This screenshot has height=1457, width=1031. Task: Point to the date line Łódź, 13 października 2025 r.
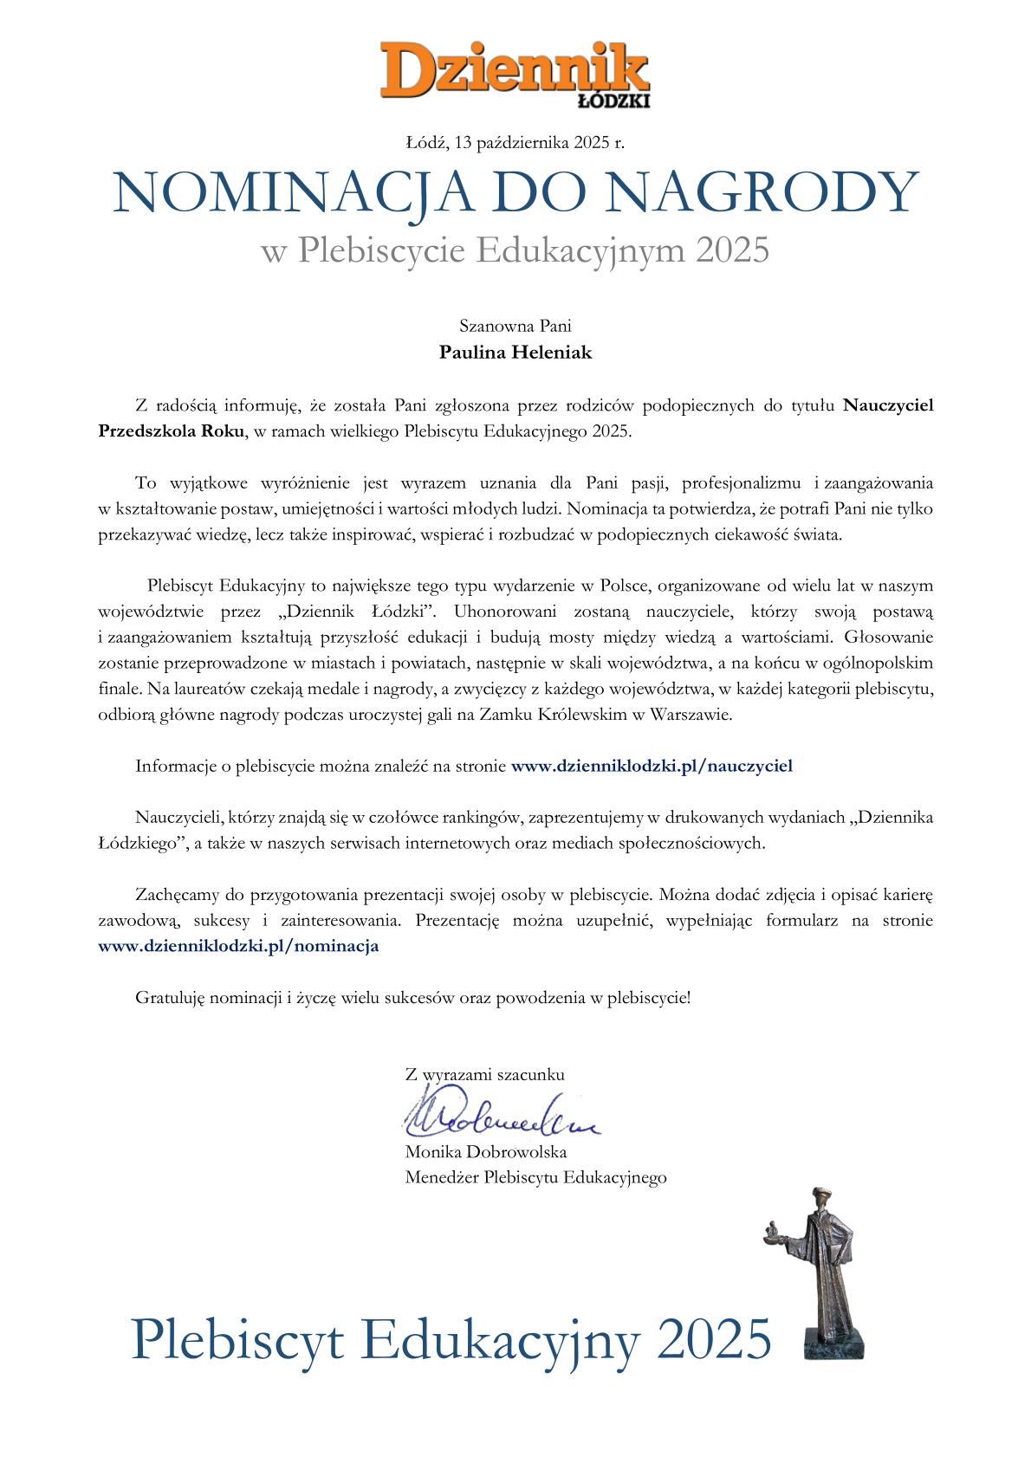(515, 143)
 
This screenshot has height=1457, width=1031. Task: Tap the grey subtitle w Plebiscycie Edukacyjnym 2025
(515, 251)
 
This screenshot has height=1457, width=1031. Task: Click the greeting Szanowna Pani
(515, 327)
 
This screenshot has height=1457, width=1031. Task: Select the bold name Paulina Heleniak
(515, 353)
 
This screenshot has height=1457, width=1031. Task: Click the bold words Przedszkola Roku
(171, 431)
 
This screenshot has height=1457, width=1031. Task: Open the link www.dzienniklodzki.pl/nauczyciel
(652, 766)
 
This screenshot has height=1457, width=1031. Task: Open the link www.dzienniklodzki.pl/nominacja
(239, 946)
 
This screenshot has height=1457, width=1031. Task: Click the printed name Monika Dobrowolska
(485, 1152)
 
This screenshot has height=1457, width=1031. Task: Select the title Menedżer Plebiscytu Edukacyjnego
(535, 1177)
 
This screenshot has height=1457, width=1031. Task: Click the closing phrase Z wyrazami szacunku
(484, 1075)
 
